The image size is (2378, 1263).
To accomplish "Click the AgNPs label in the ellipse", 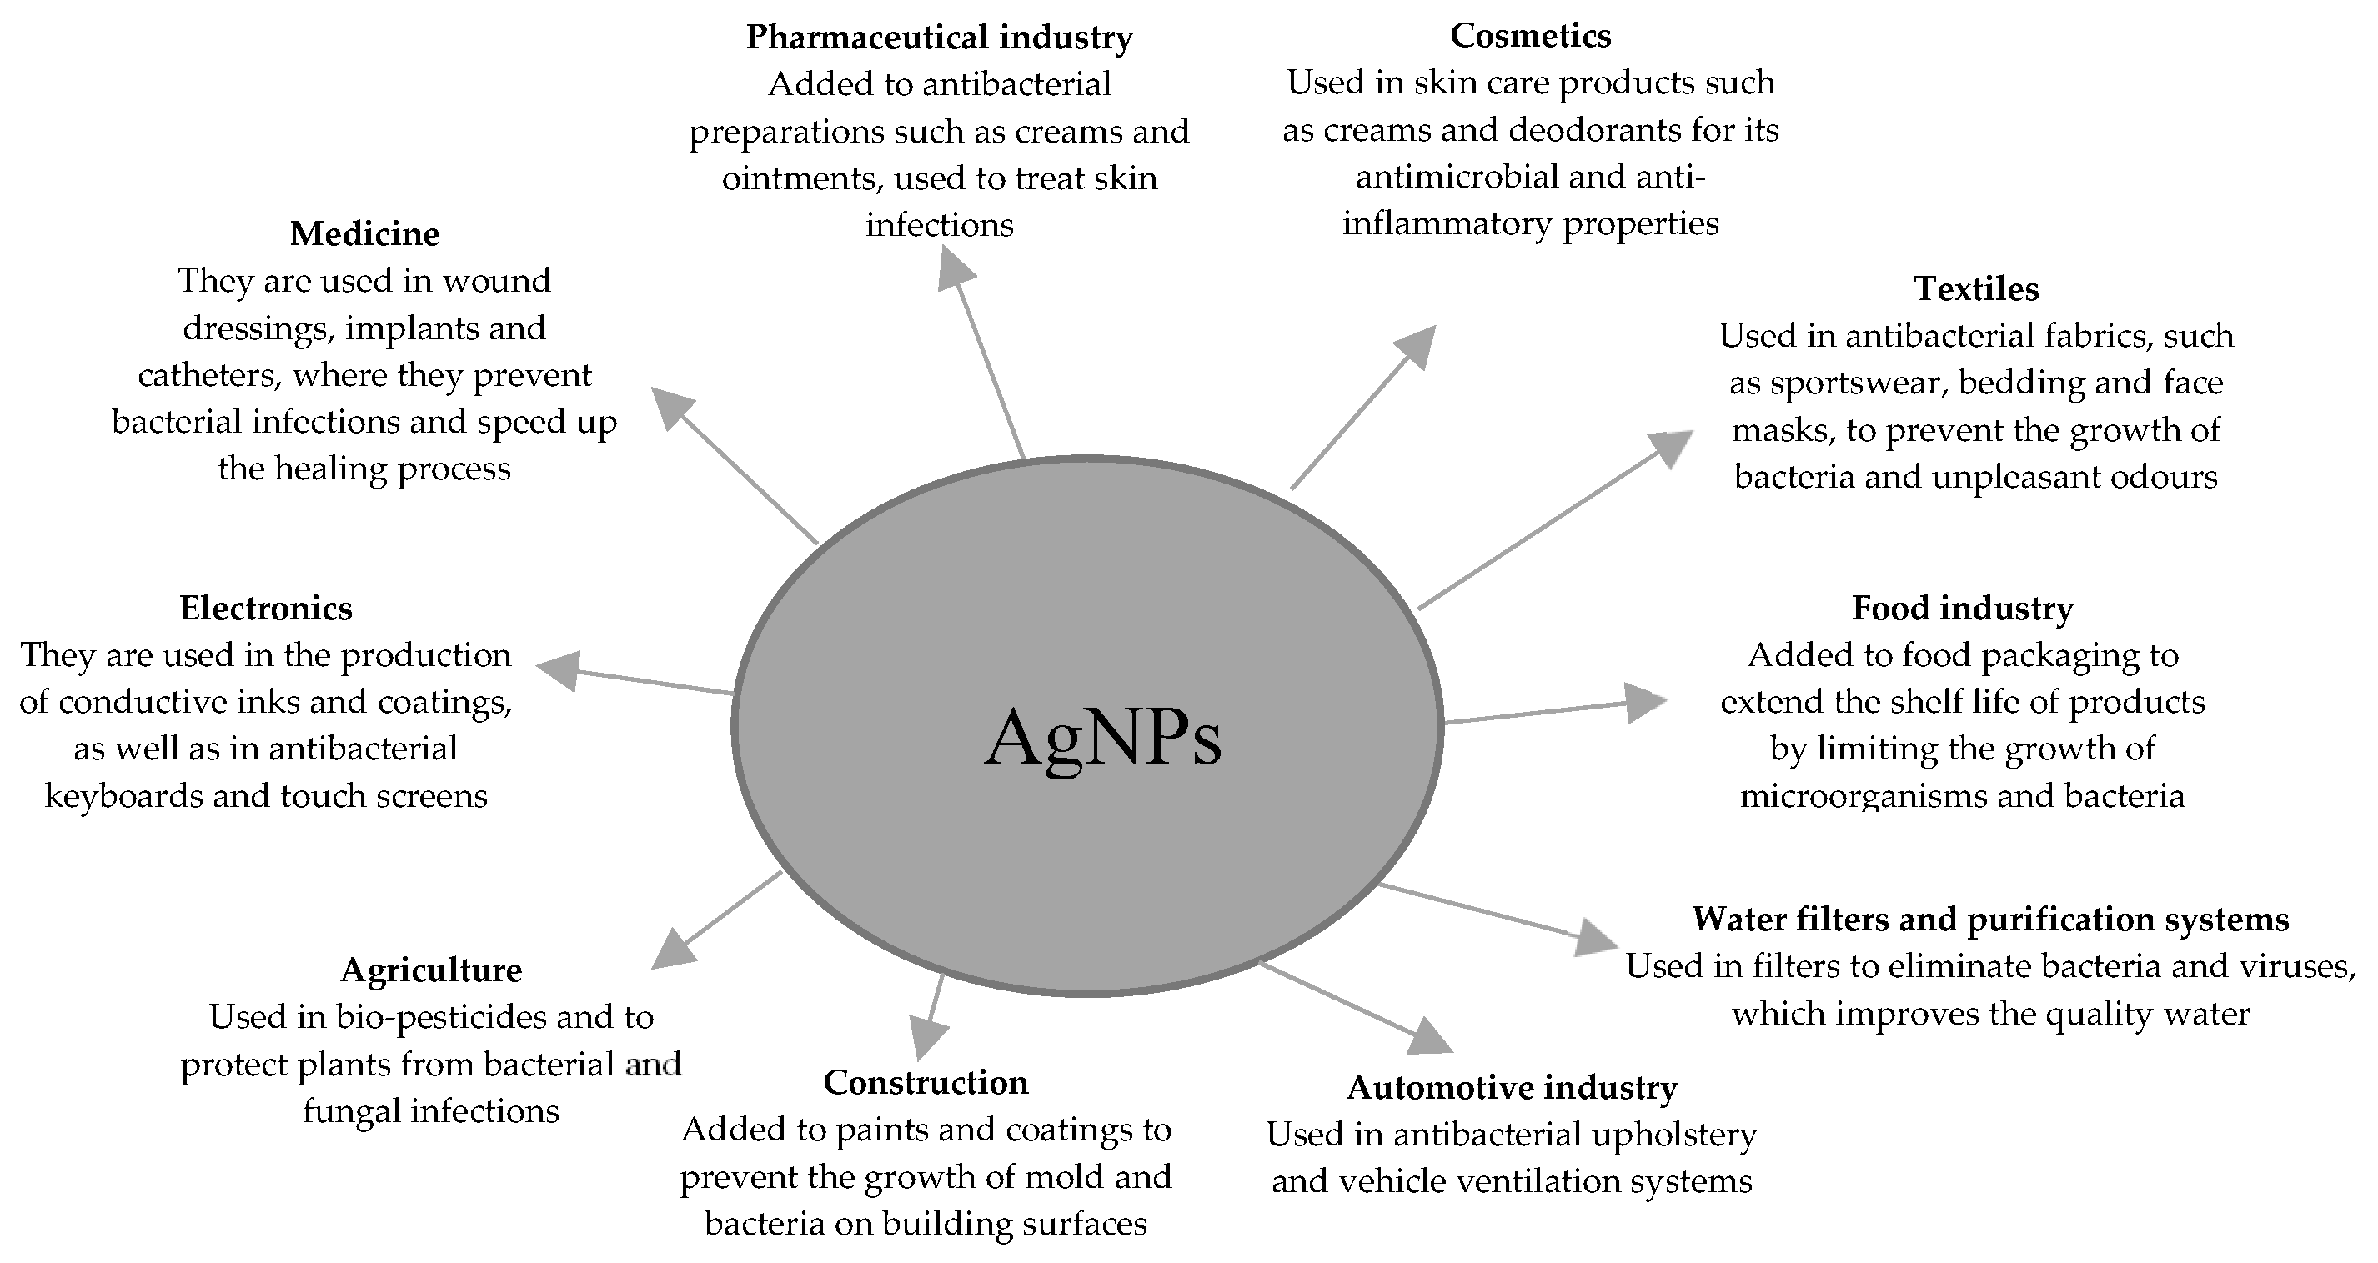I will point(1103,738).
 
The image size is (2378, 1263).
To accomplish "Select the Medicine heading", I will point(364,233).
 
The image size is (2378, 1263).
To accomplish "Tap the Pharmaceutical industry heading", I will point(939,37).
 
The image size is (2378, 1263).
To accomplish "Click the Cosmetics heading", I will point(1530,35).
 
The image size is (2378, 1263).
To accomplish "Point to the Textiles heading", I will point(1975,289).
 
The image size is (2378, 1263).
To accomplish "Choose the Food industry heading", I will point(1962,609).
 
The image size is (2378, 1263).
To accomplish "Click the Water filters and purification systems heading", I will point(1990,919).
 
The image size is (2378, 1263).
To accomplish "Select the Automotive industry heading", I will point(1511,1088).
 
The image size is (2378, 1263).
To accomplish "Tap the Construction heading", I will point(925,1082).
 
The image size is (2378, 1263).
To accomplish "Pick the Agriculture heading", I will point(431,970).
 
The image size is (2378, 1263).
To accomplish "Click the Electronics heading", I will point(266,609).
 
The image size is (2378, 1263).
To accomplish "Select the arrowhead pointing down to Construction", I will point(927,1037).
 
